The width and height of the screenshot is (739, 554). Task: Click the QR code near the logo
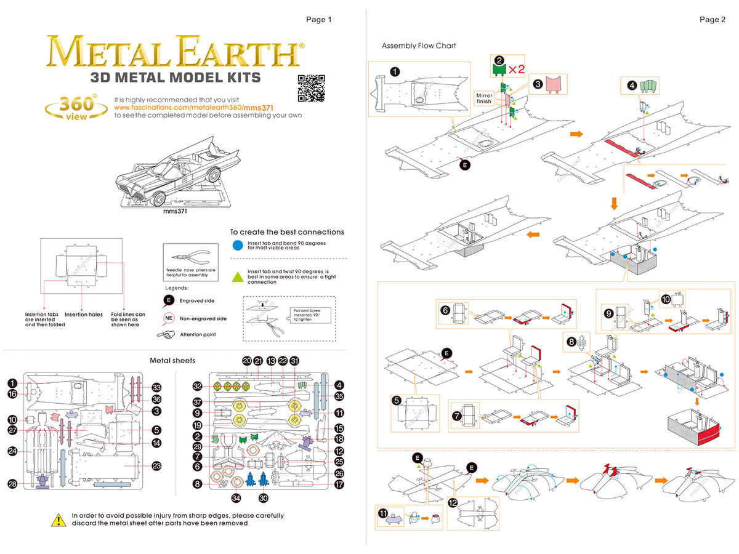pos(310,88)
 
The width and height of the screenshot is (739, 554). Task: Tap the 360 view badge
pos(72,106)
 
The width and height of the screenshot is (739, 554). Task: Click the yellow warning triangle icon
pos(58,520)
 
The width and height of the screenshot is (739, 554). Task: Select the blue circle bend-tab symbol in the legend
pos(238,244)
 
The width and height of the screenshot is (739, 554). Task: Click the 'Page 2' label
pos(713,19)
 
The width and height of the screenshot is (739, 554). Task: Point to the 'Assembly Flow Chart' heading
pos(419,46)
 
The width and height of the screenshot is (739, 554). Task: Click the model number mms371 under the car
pos(175,211)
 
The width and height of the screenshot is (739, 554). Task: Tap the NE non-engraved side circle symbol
pos(168,318)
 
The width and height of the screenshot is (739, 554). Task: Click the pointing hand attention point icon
pos(166,334)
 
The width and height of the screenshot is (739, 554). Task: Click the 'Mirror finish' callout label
pos(483,98)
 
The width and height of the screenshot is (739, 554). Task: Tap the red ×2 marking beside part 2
pos(516,68)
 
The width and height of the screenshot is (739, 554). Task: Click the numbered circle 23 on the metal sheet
pos(156,466)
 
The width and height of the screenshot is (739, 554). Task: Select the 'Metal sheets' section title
pos(172,360)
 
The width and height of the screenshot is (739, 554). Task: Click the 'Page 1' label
pos(319,19)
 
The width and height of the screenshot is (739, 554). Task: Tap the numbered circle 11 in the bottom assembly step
pos(382,513)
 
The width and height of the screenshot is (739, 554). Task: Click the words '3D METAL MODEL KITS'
pos(176,78)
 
